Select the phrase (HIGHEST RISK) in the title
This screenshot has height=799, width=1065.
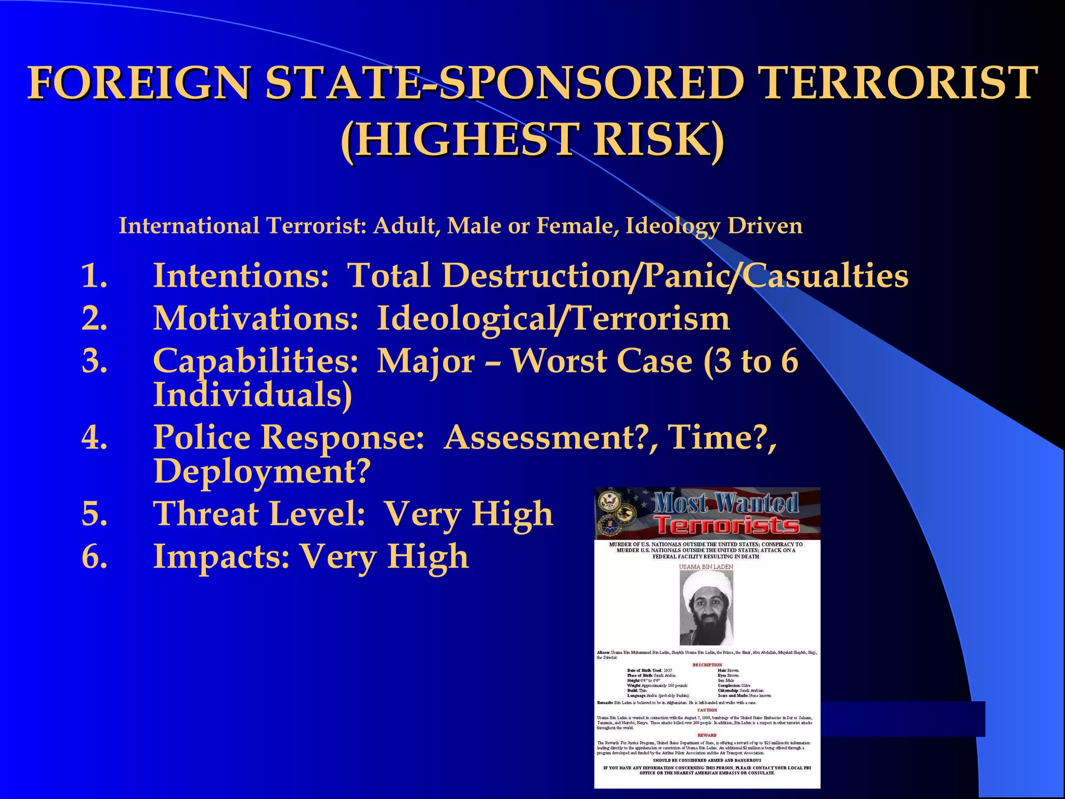(x=532, y=139)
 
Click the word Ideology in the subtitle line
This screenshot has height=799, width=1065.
(x=672, y=226)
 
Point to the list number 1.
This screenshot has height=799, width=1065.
(x=94, y=275)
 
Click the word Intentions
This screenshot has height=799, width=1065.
(x=241, y=275)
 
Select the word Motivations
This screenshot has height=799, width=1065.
(x=255, y=318)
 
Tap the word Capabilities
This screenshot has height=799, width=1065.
(x=255, y=361)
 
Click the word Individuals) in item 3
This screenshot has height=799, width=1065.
(x=253, y=394)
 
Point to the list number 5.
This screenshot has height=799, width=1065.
(x=94, y=514)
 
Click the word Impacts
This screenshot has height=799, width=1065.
(x=221, y=557)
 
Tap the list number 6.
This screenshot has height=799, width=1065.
(x=94, y=557)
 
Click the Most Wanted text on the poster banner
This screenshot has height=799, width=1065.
(x=726, y=502)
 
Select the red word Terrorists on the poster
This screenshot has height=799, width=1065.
(x=726, y=525)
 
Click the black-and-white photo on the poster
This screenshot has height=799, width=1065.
(x=706, y=608)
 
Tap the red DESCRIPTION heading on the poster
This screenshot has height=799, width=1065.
(x=707, y=665)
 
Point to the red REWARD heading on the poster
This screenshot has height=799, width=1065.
(x=707, y=735)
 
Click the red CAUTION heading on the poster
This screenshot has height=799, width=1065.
(x=707, y=710)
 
